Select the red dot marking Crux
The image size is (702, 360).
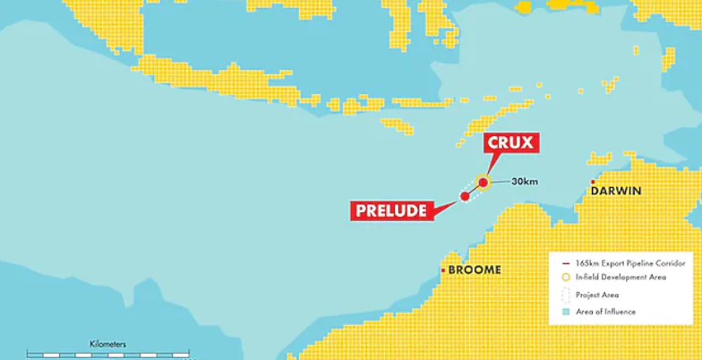point(484,183)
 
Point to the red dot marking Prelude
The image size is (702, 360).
point(465,196)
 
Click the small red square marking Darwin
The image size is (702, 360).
point(593,182)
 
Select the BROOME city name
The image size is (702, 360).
point(475,270)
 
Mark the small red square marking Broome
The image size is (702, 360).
point(443,270)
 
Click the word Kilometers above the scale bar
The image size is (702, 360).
point(107,343)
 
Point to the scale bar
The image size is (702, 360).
point(107,355)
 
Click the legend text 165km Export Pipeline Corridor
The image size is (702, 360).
point(623,262)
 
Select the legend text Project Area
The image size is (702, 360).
point(596,295)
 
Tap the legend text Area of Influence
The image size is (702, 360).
point(605,312)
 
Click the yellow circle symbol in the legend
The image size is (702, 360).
point(566,278)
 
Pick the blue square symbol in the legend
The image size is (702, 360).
point(566,312)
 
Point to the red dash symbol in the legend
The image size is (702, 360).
point(566,262)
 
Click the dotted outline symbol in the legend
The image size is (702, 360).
point(566,295)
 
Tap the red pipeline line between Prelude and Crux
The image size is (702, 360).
point(474,190)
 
